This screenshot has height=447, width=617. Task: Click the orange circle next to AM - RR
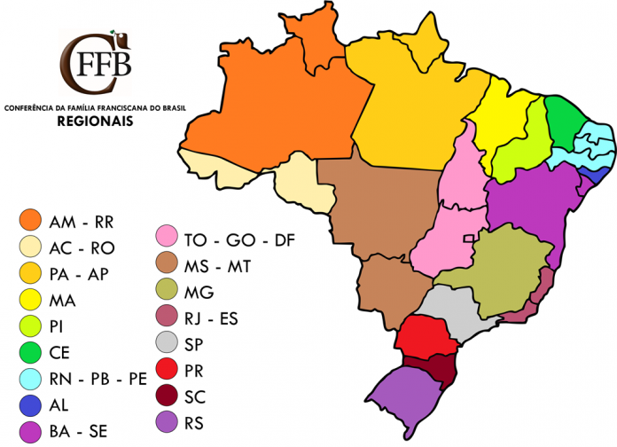34,221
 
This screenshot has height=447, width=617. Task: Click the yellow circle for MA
34,300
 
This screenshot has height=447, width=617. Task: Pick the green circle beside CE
34,352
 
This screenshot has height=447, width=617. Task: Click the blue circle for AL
34,404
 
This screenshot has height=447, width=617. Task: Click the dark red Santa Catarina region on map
441,366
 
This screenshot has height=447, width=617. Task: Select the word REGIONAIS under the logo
95,122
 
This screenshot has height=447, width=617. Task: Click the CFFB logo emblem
95,64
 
